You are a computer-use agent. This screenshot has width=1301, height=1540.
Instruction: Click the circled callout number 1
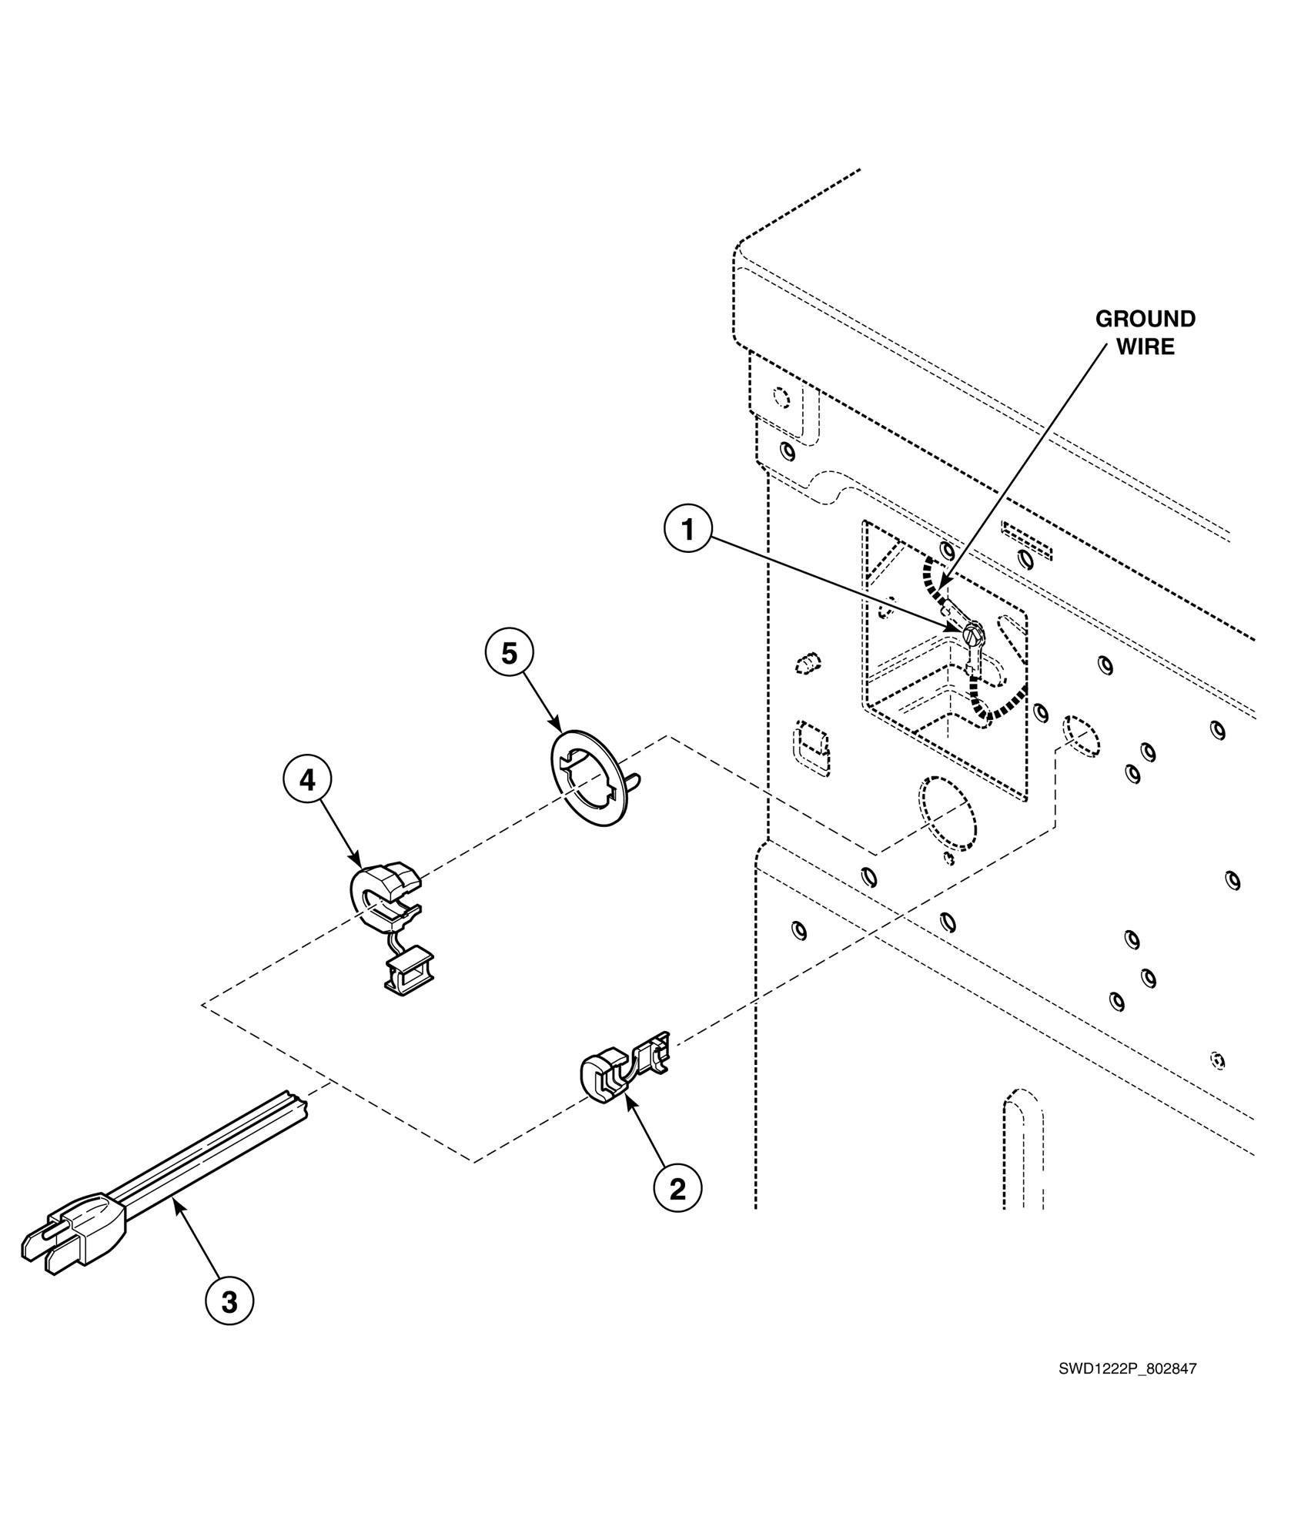(688, 531)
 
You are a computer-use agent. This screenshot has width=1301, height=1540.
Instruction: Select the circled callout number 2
(677, 1189)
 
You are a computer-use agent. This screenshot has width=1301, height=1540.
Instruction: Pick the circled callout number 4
(307, 781)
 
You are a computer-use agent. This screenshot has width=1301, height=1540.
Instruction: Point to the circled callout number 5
(509, 653)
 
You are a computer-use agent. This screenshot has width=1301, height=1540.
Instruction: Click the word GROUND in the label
(1145, 319)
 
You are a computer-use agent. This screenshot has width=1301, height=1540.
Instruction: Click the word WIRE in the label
(1145, 346)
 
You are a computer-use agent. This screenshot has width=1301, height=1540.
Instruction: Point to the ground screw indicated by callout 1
(973, 634)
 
